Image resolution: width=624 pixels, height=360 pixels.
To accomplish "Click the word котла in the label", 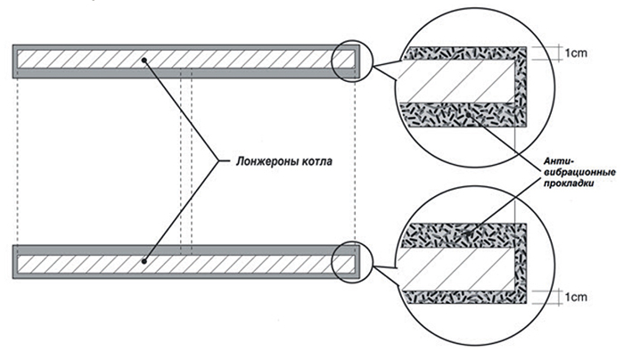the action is (317, 162).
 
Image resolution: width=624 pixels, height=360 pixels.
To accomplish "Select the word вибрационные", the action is (580, 173).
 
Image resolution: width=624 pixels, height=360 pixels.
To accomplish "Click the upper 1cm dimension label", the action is (576, 53).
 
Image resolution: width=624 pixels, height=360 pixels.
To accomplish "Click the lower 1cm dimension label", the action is (576, 297).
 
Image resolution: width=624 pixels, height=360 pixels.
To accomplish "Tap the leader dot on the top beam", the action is (144, 60).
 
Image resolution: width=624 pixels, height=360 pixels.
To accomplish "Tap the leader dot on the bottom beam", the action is (144, 261).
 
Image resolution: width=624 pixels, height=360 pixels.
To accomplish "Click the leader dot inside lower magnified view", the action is (467, 233).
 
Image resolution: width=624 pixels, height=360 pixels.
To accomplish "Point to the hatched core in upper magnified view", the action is (457, 82).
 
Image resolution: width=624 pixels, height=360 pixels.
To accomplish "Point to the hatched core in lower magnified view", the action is (457, 269).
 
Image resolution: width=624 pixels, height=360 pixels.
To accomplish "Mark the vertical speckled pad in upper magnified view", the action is (521, 87).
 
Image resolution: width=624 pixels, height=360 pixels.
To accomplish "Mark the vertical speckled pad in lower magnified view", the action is (521, 264).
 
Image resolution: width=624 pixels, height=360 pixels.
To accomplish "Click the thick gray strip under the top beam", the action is (186, 73).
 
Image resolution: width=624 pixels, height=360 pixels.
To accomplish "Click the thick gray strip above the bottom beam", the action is (186, 250).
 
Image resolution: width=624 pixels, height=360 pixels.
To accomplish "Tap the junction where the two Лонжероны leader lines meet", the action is (218, 160).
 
